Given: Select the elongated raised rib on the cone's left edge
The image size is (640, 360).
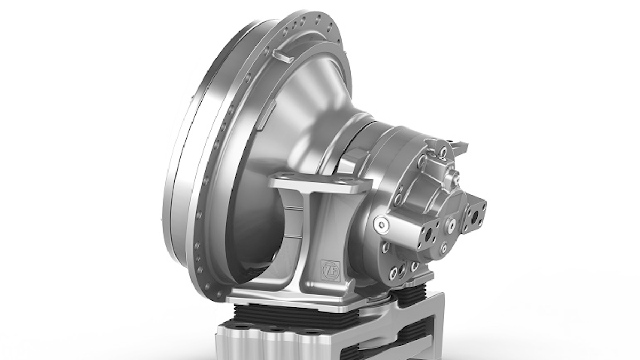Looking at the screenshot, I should [x=269, y=112].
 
